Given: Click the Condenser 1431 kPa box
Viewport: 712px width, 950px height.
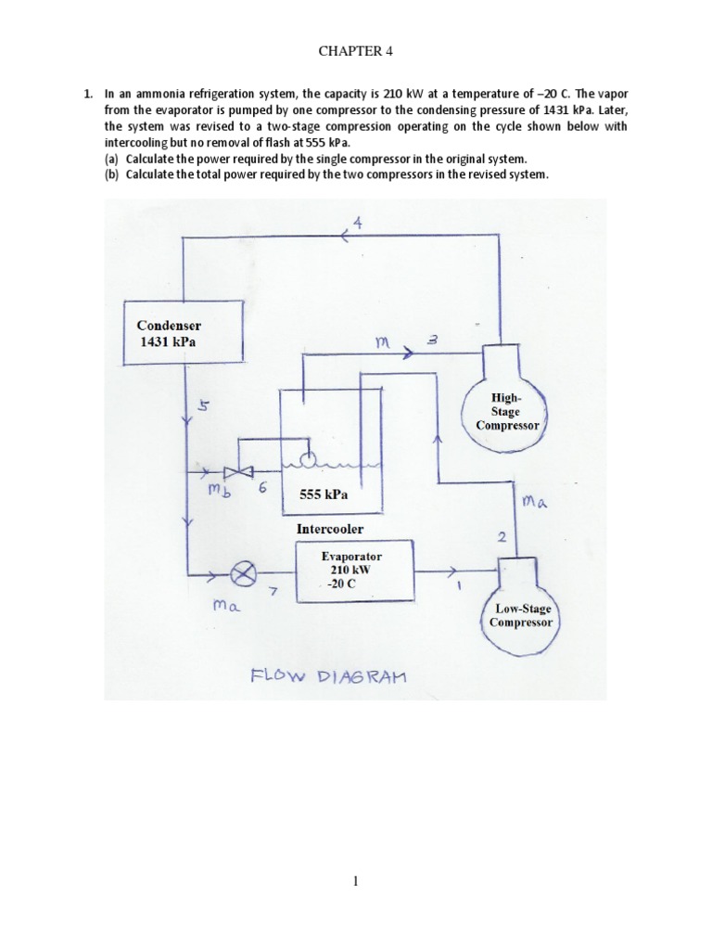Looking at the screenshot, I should tap(183, 334).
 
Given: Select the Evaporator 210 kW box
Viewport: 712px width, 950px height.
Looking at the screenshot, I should tap(353, 571).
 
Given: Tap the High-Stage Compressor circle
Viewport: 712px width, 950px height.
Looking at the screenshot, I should tap(506, 411).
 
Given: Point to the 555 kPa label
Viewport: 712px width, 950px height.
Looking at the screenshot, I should tap(324, 495).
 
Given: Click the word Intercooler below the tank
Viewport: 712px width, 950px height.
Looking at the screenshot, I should tap(330, 529).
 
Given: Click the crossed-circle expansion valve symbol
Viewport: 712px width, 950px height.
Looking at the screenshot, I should tap(244, 575).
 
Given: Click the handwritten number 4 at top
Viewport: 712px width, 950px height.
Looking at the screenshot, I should tap(358, 222).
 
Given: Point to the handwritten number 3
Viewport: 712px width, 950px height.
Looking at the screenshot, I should tap(432, 341).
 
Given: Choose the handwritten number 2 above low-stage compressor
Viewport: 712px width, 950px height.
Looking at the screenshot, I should tap(502, 536).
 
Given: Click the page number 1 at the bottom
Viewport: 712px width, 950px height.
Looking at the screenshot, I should tap(356, 881).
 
